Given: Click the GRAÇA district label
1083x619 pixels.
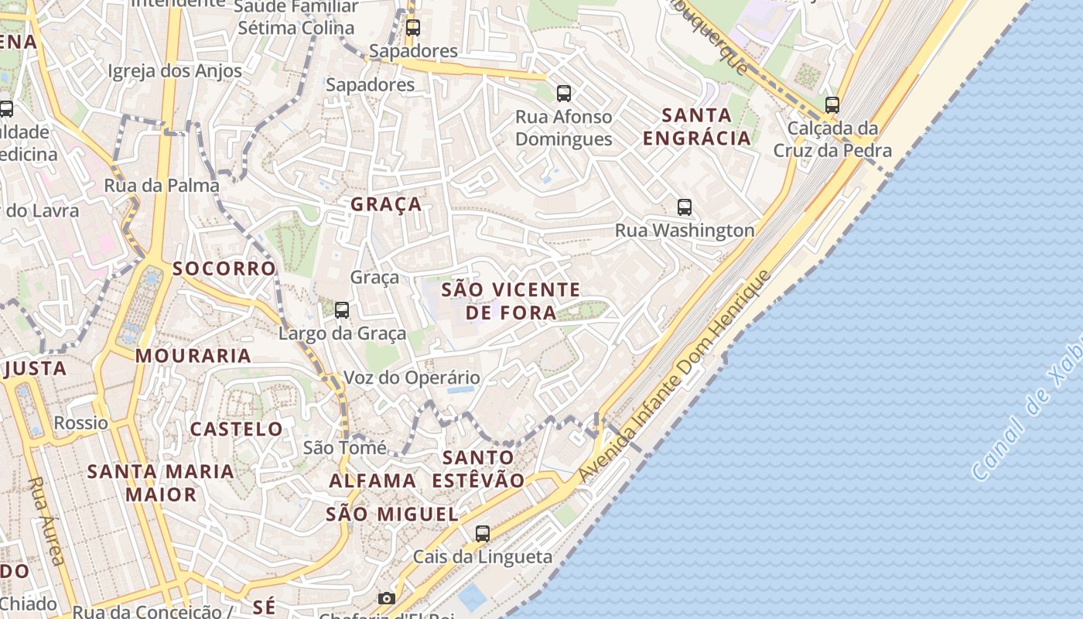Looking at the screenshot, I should pos(386,204).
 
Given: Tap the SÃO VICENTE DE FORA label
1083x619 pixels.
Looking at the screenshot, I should pos(511,301).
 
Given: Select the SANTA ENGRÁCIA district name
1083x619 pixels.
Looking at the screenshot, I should pos(697,127).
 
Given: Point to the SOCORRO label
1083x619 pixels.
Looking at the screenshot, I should pos(224,268).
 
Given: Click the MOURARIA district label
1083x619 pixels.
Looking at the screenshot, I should pos(193,356).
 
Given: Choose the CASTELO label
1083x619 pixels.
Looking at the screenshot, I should pos(237,429).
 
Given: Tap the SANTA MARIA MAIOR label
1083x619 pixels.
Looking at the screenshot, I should pos(160,482).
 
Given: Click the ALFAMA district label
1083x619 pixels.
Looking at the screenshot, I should pos(373,480).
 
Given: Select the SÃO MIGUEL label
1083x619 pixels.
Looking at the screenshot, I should pos(392,514).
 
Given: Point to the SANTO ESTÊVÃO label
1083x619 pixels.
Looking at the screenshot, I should pos(478,469).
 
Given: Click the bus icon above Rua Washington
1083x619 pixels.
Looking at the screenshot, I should pos(685,207).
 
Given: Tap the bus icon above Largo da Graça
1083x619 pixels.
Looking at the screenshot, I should pos(342,310).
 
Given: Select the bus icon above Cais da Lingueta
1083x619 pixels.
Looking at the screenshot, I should pos(483,533).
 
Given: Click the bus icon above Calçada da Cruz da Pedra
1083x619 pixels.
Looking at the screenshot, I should pos(832,104).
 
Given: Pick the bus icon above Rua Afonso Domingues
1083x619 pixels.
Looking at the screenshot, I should pos(564,94).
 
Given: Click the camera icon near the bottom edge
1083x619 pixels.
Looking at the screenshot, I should pos(386,598).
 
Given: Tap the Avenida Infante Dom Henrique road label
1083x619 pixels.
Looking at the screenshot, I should pos(675,377).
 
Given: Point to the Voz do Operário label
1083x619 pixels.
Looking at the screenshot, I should pos(412,378).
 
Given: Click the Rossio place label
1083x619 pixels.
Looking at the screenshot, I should pos(81,423).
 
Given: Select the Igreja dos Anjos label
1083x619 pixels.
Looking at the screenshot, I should pos(175,71).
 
